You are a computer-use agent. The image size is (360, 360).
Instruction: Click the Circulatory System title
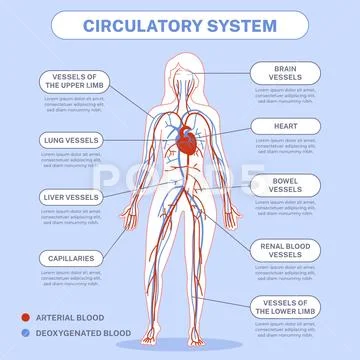[180, 22]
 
